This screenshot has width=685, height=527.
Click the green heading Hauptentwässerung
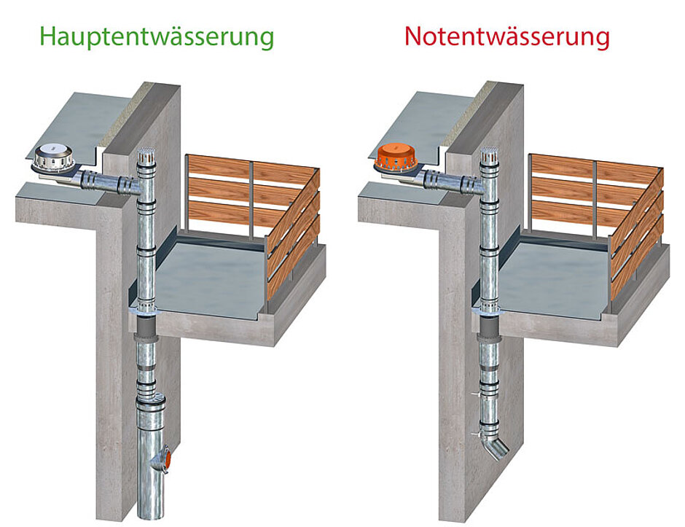click(x=157, y=36)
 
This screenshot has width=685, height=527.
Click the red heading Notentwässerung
click(x=506, y=36)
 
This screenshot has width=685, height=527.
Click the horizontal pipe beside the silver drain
click(x=106, y=179)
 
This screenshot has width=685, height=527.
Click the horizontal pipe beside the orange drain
click(x=448, y=178)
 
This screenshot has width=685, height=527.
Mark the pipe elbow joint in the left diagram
click(x=136, y=187)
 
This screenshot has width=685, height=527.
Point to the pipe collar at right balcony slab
click(x=486, y=311)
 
